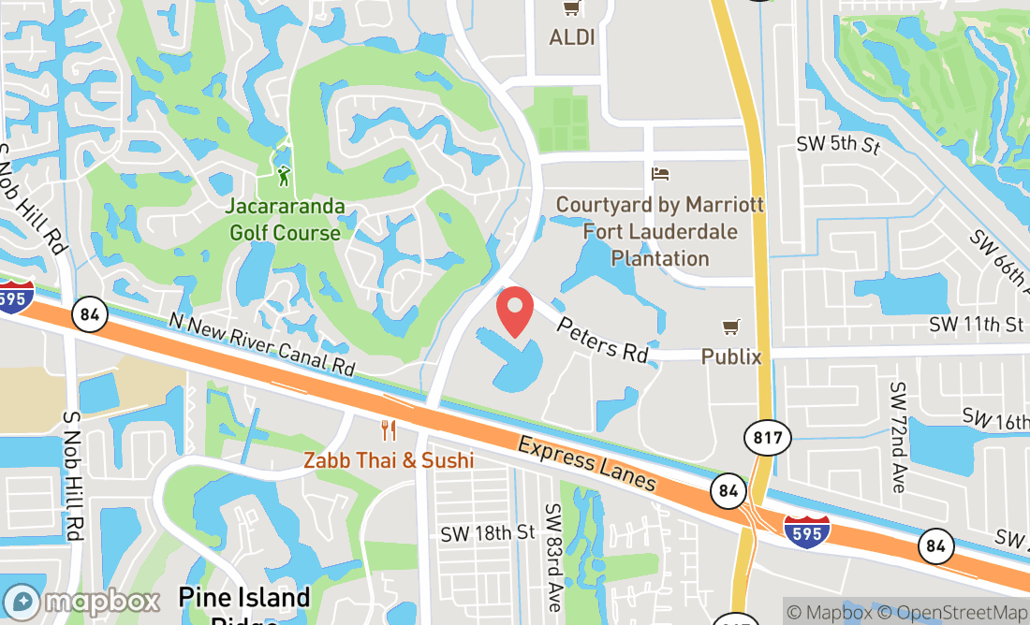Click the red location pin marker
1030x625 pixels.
[x=515, y=312]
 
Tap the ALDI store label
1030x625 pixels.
[x=572, y=37]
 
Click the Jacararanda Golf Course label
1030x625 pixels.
[x=285, y=219]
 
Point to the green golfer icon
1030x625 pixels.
[x=284, y=175]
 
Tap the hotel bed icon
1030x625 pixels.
[x=660, y=174]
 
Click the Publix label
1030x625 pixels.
[x=730, y=356]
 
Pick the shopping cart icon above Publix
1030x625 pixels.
[x=730, y=327]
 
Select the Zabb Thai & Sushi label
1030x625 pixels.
[x=389, y=460]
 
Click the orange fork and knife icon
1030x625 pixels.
[x=389, y=430]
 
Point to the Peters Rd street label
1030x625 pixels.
[x=602, y=340]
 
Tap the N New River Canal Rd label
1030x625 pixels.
[x=263, y=344]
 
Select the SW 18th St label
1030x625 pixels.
[x=487, y=532]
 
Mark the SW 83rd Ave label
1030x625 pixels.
[x=554, y=557]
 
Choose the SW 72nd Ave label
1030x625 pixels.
[x=899, y=437]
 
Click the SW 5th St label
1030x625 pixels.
[x=839, y=145]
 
